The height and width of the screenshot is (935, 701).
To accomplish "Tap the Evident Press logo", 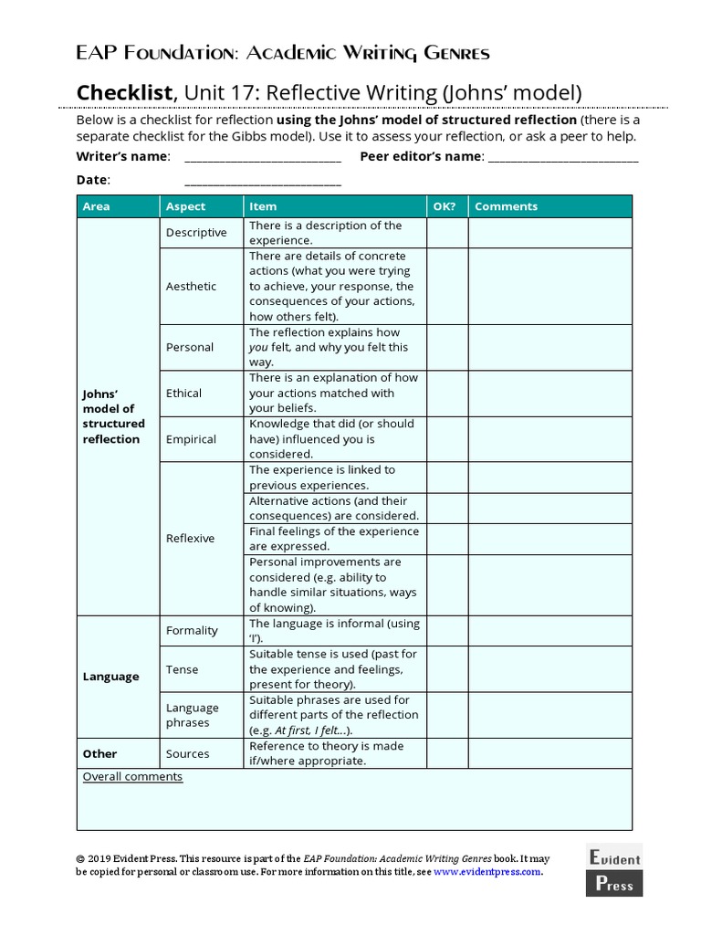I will (613, 870).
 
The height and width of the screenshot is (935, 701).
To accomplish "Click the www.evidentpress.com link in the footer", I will (487, 872).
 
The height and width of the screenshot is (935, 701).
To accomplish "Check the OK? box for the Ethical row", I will (447, 394).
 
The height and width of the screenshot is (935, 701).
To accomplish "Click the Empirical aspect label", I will (191, 439).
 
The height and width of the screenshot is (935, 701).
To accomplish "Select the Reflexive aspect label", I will (190, 539).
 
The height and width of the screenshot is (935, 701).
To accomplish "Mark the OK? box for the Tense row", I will (447, 669).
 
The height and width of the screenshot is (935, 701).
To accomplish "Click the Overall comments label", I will (132, 777).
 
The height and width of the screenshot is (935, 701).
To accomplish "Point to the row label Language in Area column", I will (110, 678).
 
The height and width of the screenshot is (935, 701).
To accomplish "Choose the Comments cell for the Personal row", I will (549, 348).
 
